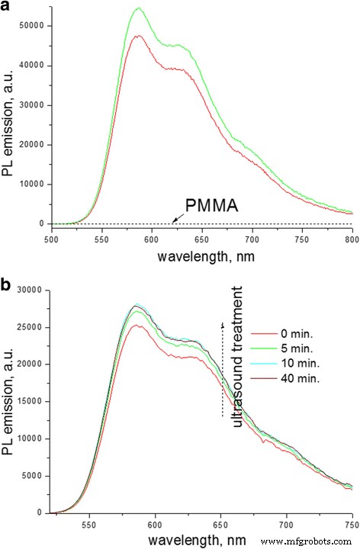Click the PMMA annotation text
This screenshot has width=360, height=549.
(x=206, y=203)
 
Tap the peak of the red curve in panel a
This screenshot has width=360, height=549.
(x=139, y=36)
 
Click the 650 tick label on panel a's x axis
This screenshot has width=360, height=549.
(x=201, y=236)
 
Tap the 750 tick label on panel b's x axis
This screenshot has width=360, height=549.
(x=352, y=525)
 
